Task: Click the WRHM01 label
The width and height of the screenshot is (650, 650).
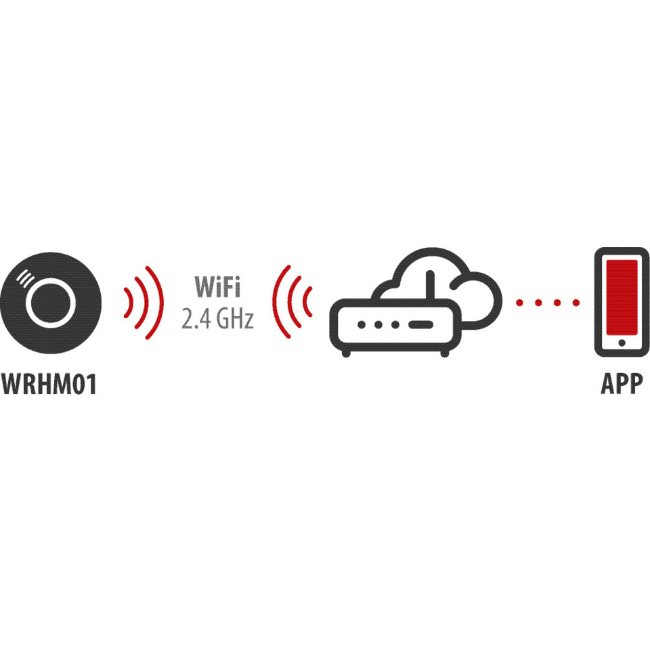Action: tap(49, 384)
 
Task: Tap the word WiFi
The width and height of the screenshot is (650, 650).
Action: tap(217, 286)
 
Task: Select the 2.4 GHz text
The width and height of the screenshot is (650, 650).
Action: tap(217, 319)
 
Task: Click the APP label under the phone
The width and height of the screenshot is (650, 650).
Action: tap(622, 384)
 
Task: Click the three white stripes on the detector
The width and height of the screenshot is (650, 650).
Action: tap(25, 278)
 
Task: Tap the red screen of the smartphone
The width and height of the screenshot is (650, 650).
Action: tap(622, 297)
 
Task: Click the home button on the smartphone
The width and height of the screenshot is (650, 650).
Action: tap(622, 343)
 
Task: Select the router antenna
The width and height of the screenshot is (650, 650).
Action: tap(430, 285)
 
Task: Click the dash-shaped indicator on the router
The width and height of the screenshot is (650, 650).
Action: tap(421, 324)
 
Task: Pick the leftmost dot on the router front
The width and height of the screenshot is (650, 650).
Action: tap(362, 324)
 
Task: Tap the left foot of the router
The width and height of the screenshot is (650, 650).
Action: tap(346, 353)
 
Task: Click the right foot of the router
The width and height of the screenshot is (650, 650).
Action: tap(444, 353)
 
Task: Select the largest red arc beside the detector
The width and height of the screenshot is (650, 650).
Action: tap(162, 303)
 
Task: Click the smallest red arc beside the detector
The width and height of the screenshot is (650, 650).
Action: tap(131, 303)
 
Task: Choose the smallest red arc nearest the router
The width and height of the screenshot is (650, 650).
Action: tap(305, 302)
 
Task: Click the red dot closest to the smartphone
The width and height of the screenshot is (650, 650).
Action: tap(576, 303)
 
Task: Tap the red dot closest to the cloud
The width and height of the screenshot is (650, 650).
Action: tap(519, 303)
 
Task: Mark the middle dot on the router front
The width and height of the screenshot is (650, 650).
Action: tap(378, 324)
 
